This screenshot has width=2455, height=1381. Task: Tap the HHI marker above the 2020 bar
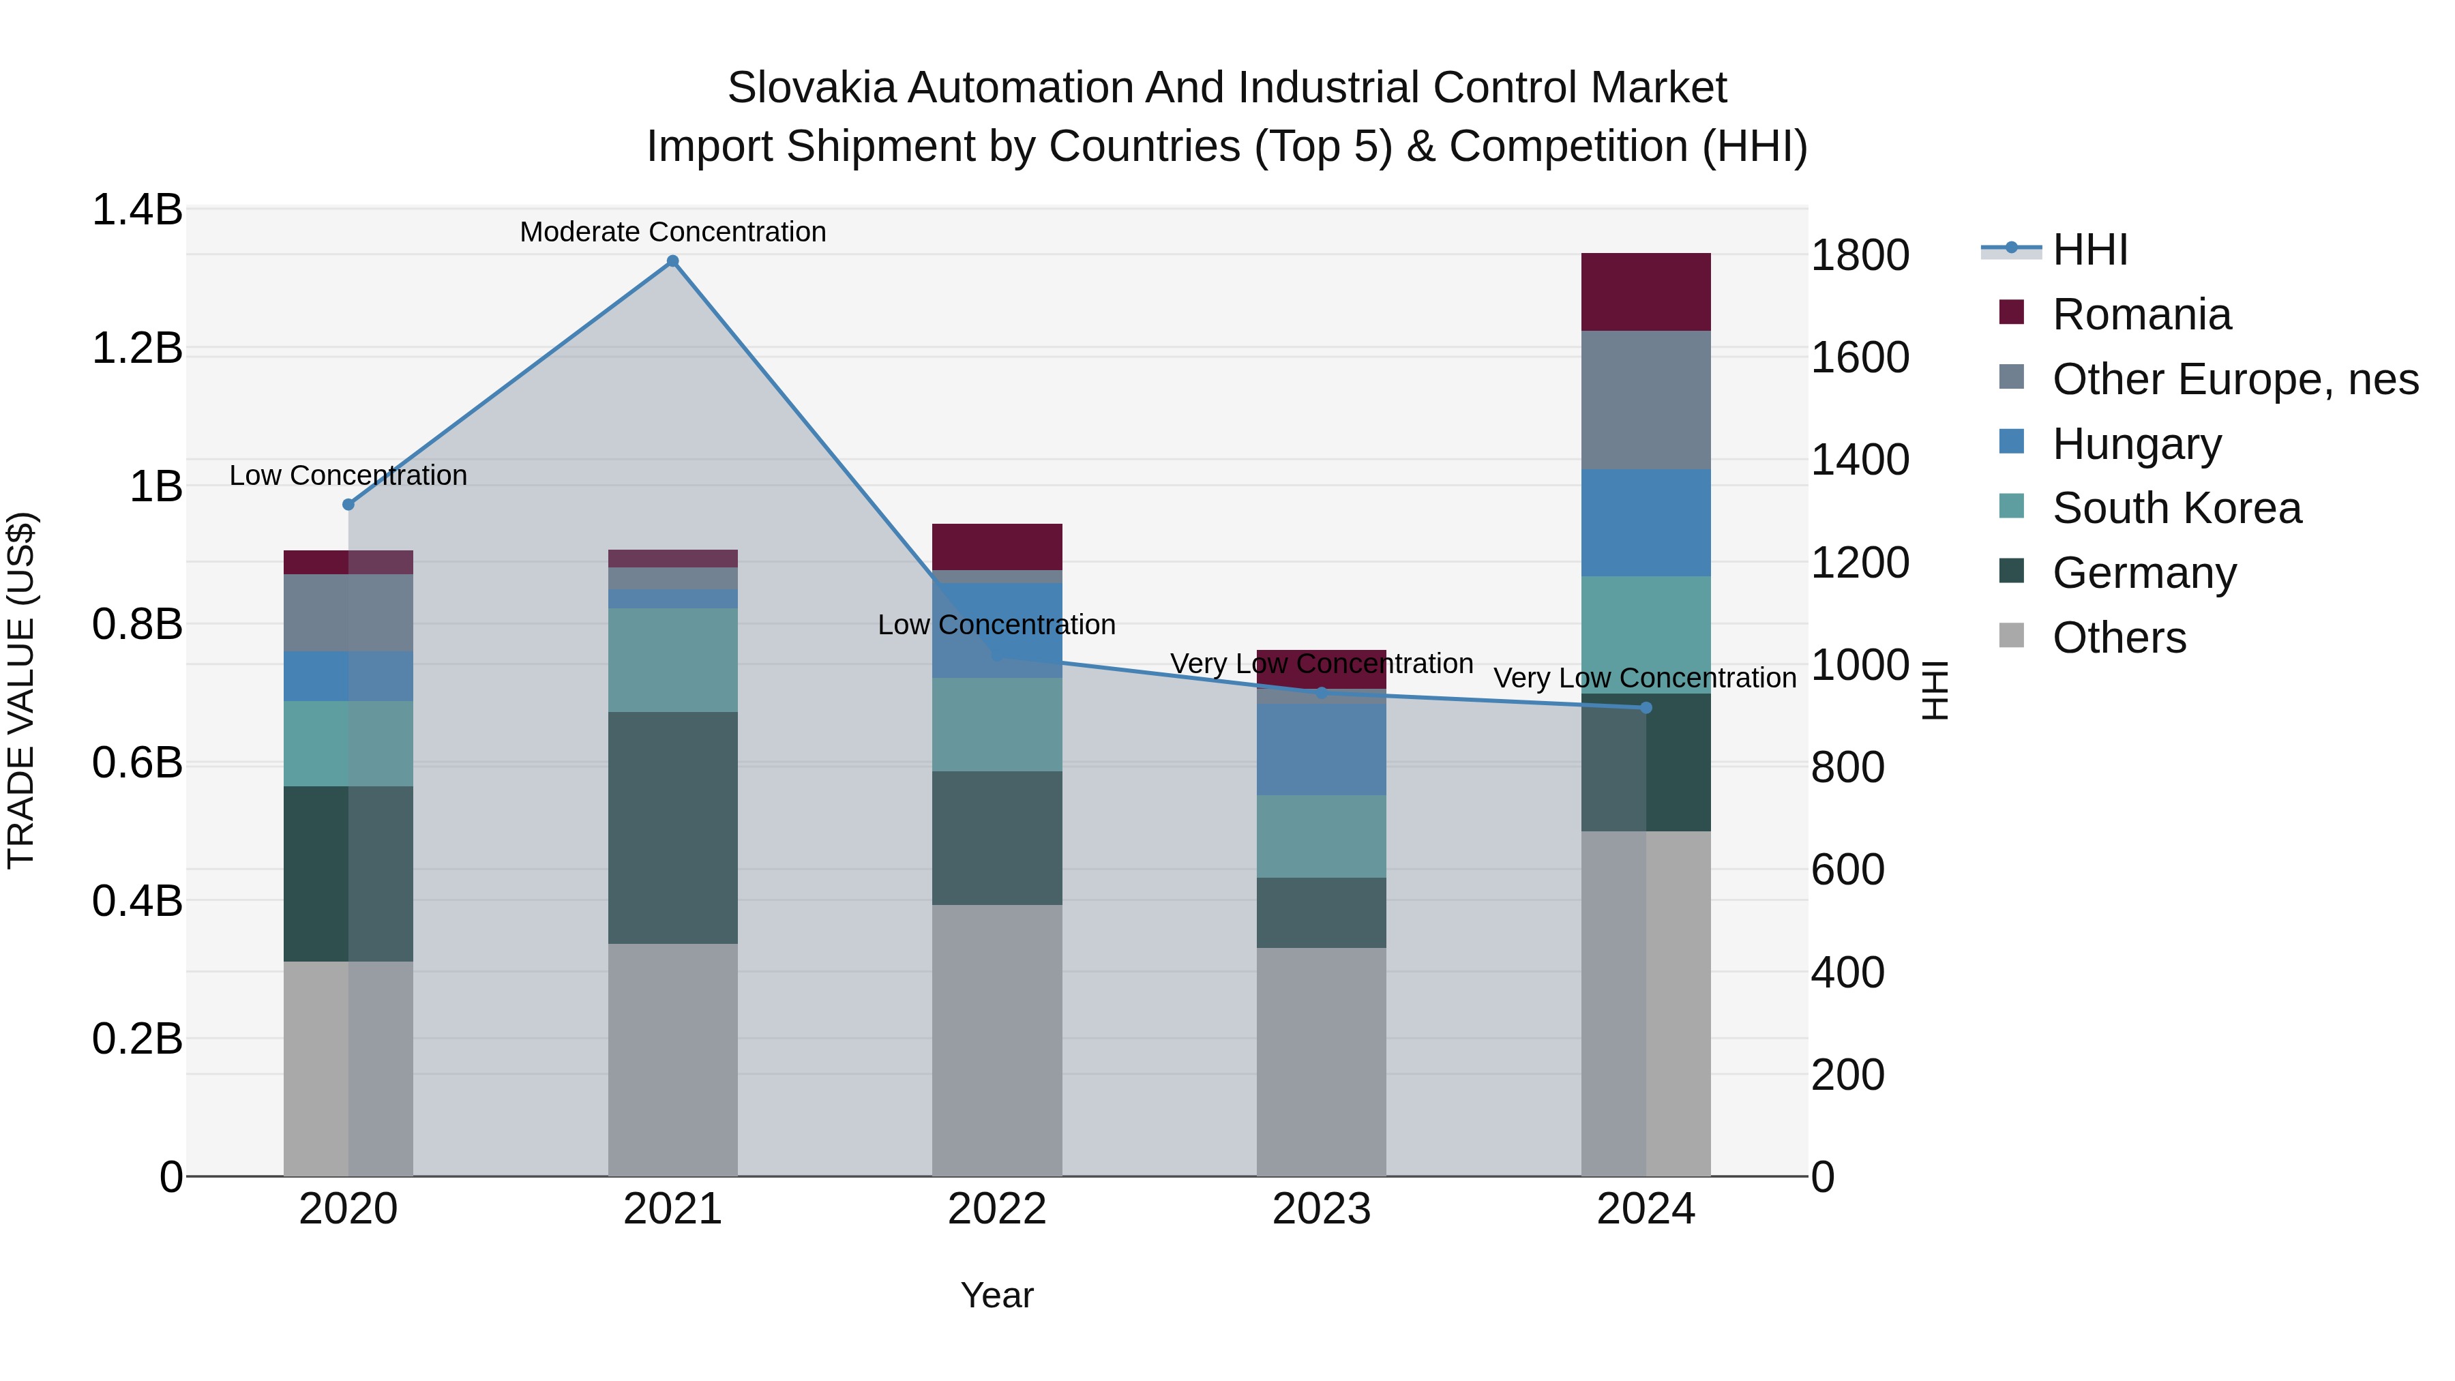[348, 504]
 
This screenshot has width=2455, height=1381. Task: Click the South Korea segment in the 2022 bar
[997, 724]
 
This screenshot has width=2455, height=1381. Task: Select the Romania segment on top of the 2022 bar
[997, 546]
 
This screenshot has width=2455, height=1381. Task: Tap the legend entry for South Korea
[2176, 508]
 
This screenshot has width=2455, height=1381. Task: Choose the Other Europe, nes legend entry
[2235, 379]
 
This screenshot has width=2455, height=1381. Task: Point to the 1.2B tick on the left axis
[136, 348]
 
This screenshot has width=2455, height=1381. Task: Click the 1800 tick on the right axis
[1858, 256]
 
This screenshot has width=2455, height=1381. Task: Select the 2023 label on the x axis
[1321, 1209]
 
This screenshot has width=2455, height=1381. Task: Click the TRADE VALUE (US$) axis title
[21, 690]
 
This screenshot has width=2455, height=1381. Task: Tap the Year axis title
[997, 1295]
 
